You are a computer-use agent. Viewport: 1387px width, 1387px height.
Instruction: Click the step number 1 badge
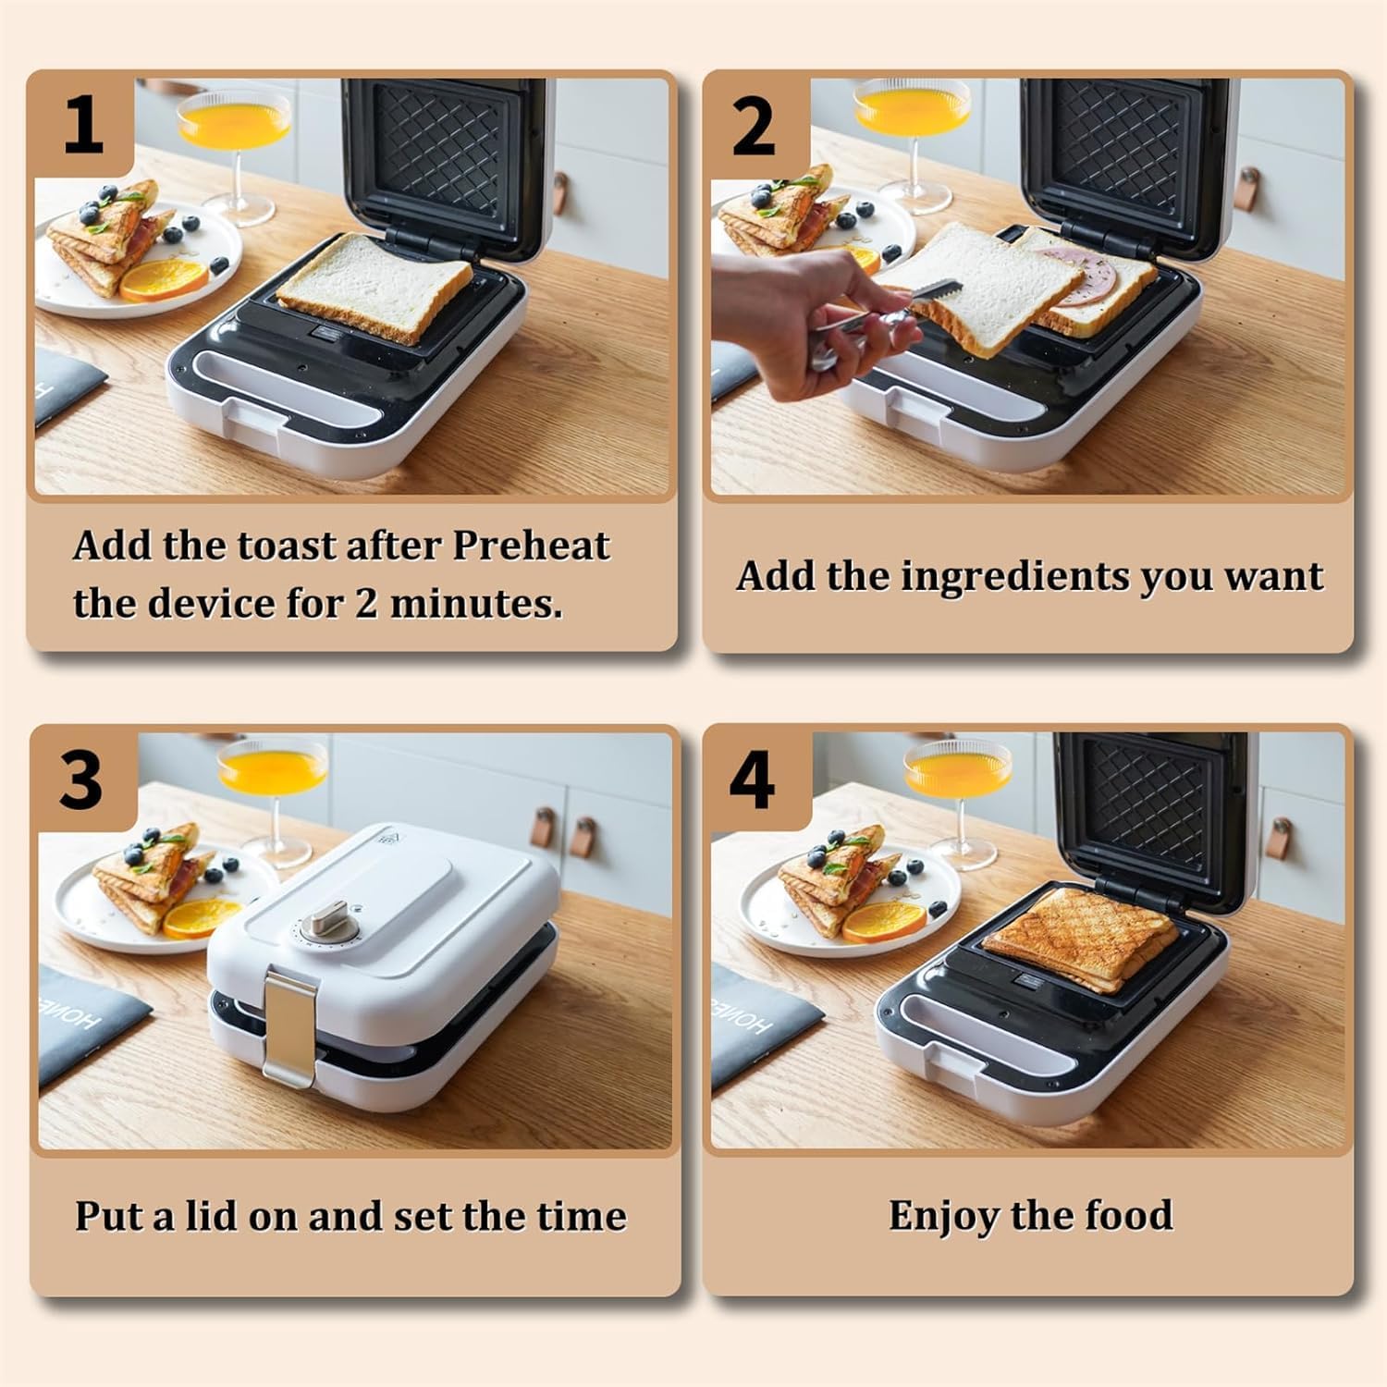(83, 126)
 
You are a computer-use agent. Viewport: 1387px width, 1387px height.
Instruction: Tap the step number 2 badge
(753, 126)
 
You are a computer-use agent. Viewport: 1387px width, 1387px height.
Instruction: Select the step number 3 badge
(81, 779)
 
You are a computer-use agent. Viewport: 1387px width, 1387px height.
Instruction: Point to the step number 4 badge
(752, 779)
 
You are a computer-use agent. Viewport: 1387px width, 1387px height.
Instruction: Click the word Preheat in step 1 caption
(531, 546)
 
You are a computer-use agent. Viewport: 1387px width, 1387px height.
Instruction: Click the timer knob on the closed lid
(327, 919)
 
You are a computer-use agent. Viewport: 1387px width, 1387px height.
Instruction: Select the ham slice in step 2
(1078, 277)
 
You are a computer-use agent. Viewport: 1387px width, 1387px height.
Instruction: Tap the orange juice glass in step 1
(234, 129)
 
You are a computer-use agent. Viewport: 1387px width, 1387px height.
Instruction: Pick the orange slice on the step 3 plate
(198, 917)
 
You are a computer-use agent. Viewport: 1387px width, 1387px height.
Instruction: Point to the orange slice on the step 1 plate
(163, 279)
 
